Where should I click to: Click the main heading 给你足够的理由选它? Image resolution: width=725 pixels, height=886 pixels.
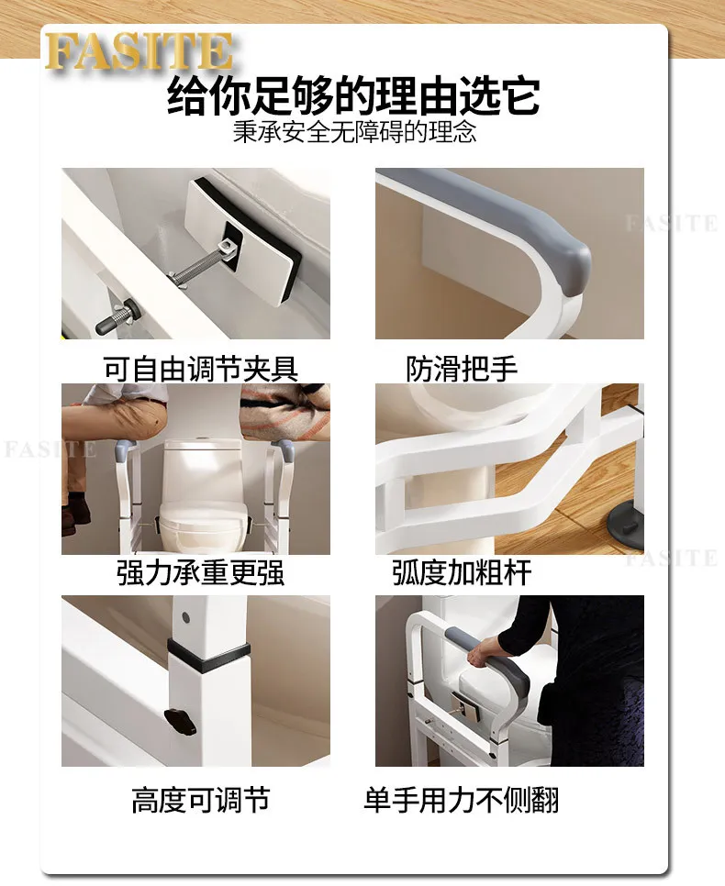point(353,95)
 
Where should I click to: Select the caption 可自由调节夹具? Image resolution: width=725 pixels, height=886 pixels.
point(201,369)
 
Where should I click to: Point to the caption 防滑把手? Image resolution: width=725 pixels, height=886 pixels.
point(462,369)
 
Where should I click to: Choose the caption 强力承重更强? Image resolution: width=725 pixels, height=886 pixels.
point(201,572)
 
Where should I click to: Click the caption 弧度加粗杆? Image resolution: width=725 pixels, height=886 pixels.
point(462,572)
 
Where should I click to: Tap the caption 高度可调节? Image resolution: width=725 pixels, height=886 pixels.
point(201,800)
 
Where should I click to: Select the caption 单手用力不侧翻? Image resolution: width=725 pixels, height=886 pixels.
point(462,800)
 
